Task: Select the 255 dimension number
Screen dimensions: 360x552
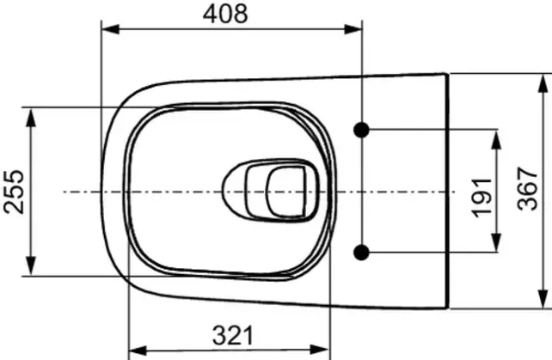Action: (x=14, y=192)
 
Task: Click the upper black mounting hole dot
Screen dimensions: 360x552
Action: (x=362, y=130)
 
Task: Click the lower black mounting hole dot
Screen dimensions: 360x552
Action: (x=362, y=251)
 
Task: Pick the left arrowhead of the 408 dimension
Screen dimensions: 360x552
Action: (x=108, y=30)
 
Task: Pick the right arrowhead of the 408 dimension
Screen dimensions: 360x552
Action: (x=355, y=30)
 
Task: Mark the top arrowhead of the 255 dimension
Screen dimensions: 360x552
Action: (x=32, y=114)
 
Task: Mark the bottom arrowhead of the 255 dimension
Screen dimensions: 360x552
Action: (x=32, y=270)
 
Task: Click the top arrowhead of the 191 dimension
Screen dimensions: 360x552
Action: (x=498, y=137)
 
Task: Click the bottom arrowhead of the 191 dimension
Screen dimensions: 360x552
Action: (x=498, y=244)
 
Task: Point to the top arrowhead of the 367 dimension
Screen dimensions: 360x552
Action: (x=543, y=82)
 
